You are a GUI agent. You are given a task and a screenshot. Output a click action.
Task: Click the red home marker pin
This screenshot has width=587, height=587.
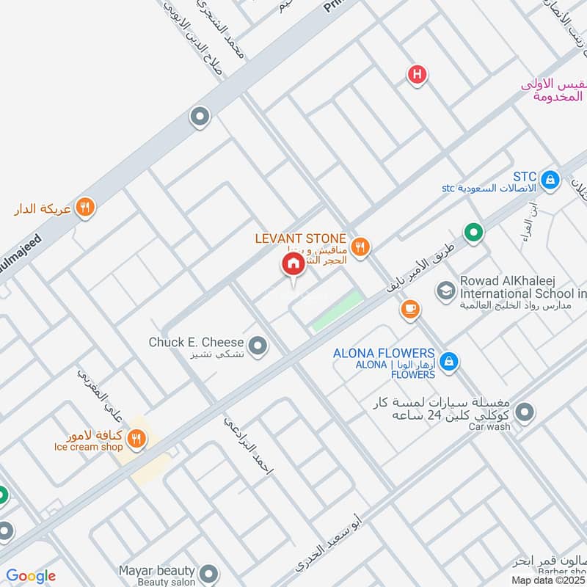(x=292, y=264)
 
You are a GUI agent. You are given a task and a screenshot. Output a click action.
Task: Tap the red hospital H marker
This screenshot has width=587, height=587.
(x=417, y=74)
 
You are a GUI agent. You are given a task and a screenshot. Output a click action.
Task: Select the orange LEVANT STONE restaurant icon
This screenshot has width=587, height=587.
(x=359, y=247)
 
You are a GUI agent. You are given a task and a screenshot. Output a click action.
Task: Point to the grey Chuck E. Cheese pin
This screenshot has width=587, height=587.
(x=257, y=345)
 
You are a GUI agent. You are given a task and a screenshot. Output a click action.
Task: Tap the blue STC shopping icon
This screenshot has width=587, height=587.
(x=549, y=178)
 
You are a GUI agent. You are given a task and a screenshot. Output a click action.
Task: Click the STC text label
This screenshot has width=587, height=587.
(x=525, y=177)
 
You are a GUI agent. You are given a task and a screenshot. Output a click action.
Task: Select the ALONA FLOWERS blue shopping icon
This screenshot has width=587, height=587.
(x=450, y=361)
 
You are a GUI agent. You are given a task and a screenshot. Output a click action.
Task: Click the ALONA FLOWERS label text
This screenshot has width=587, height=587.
(x=384, y=354)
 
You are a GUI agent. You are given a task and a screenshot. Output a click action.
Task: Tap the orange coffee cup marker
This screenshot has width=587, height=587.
(x=410, y=310)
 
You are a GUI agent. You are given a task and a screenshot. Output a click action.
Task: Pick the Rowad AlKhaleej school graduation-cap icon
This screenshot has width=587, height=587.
(x=445, y=291)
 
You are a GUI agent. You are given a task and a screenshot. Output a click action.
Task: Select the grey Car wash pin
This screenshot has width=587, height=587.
(x=523, y=413)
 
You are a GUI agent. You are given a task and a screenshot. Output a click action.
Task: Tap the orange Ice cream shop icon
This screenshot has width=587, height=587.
(x=135, y=440)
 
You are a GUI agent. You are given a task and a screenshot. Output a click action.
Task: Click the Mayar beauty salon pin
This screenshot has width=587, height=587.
(x=209, y=572)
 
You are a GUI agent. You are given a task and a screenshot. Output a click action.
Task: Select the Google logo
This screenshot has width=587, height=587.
(x=31, y=576)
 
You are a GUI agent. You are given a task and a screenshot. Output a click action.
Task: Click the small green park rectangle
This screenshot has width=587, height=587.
(x=338, y=311)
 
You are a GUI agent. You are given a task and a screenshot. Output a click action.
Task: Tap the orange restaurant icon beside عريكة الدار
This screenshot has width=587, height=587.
(x=85, y=208)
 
